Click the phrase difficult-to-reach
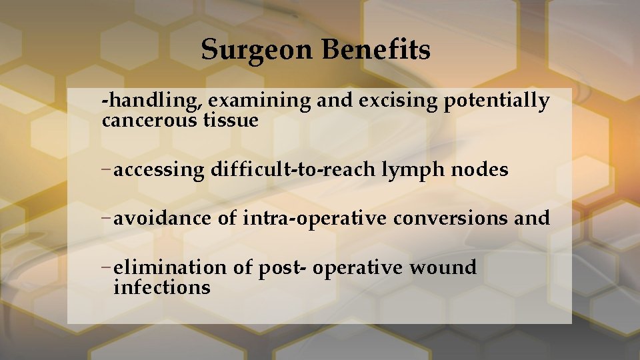(x=293, y=171)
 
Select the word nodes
(x=479, y=171)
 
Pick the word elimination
(x=170, y=268)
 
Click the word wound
(x=443, y=268)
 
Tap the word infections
(x=162, y=288)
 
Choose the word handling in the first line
(x=152, y=101)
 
